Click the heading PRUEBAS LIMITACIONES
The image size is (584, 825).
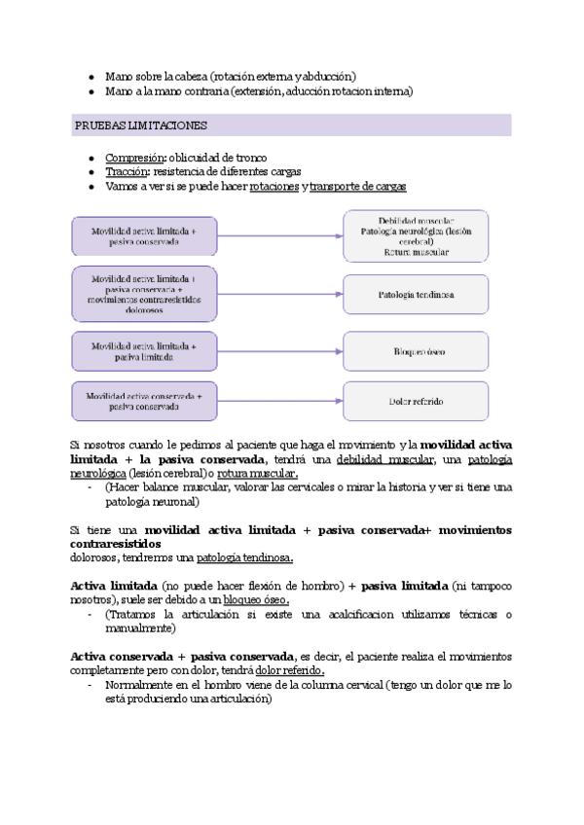pyautogui.click(x=139, y=126)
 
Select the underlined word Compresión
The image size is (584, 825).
pyautogui.click(x=133, y=158)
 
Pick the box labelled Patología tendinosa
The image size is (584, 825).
pyautogui.click(x=416, y=293)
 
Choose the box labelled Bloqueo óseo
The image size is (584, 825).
pyautogui.click(x=416, y=350)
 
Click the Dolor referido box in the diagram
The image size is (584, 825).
pyautogui.click(x=416, y=401)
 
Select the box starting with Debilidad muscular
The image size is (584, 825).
pyautogui.click(x=416, y=235)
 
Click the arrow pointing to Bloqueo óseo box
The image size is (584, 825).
pyautogui.click(x=281, y=350)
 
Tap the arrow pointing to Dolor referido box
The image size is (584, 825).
pyautogui.click(x=281, y=401)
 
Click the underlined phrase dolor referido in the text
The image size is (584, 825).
pyautogui.click(x=289, y=671)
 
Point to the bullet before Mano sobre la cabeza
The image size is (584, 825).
pyautogui.click(x=91, y=76)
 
